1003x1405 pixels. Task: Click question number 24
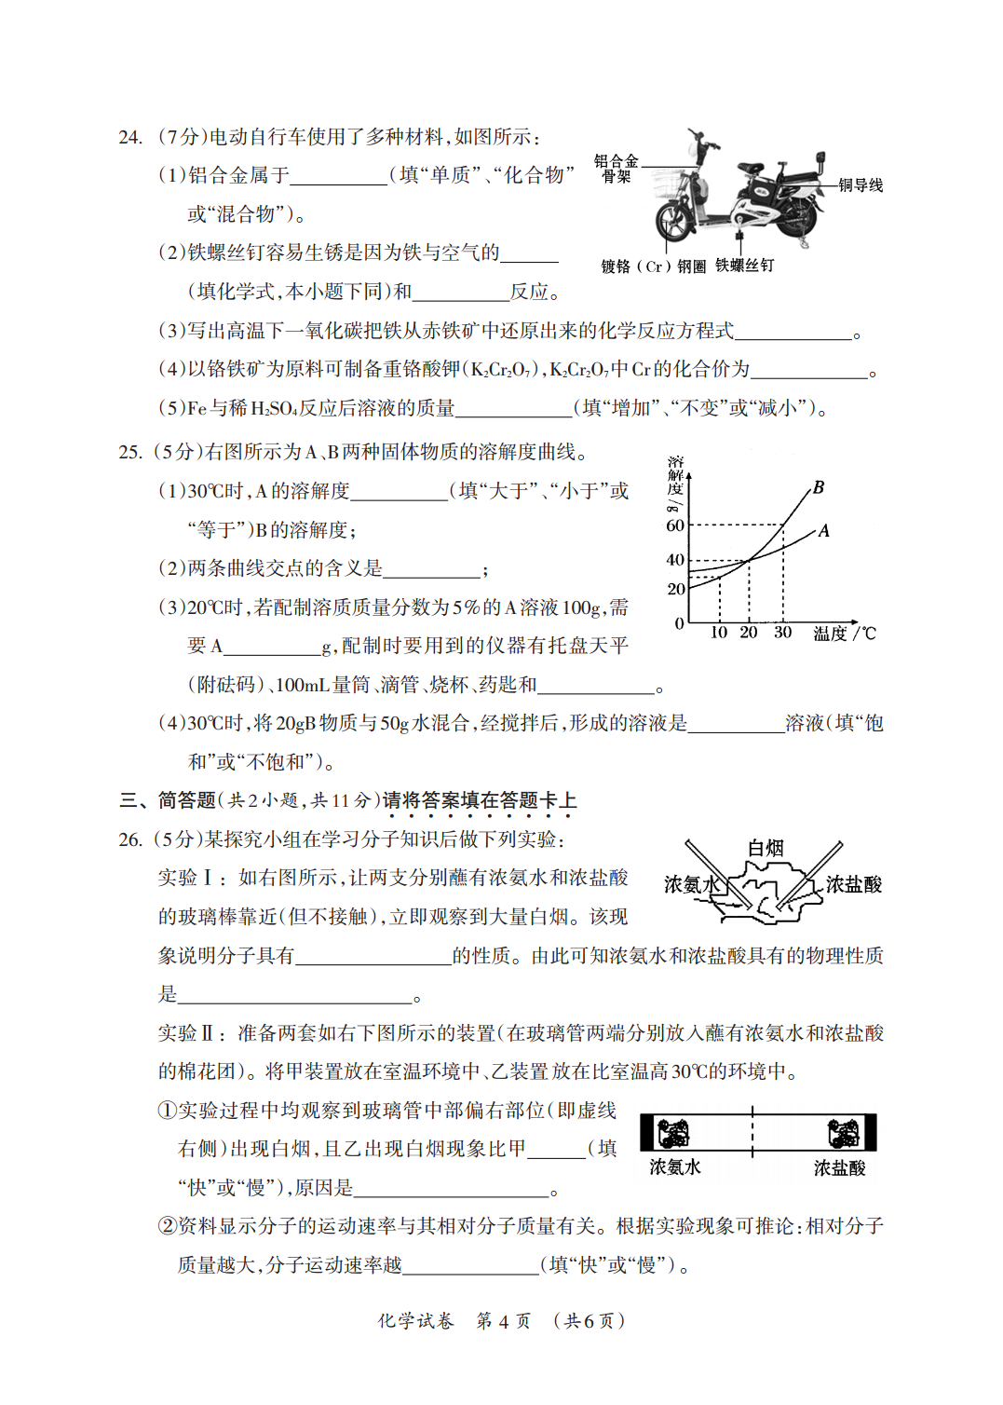129,138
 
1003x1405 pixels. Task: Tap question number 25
129,453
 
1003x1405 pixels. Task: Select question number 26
129,839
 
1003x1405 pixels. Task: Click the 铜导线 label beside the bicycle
860,185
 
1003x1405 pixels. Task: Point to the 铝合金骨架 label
616,169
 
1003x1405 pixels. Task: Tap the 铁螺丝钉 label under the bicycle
744,266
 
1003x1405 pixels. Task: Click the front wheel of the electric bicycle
674,220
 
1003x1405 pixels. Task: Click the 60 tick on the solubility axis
675,525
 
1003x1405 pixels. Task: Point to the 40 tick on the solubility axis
675,560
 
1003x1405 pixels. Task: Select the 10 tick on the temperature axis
719,633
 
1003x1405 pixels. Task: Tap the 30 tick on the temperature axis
783,633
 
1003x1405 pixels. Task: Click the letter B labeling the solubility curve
819,487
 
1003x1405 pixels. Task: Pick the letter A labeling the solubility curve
823,531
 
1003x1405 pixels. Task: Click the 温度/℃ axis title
844,634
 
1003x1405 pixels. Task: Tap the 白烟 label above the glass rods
766,848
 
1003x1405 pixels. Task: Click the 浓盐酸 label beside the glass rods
853,884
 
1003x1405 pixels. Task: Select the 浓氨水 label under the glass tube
675,1167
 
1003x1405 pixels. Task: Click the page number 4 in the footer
503,1321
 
